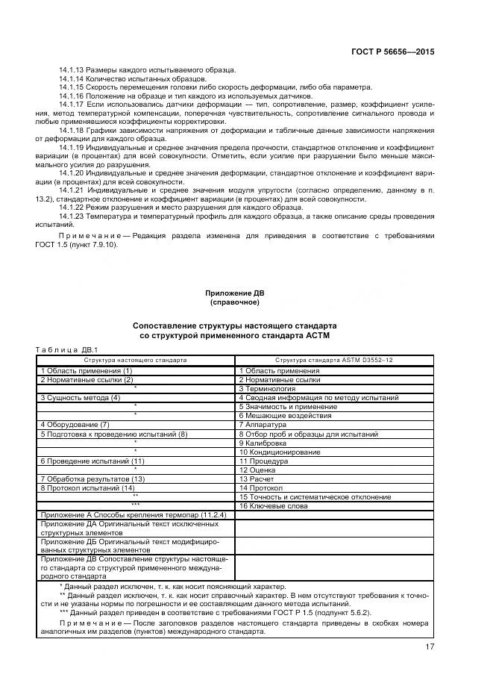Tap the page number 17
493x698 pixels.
point(430,646)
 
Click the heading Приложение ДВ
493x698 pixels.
point(234,293)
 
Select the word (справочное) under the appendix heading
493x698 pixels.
point(234,302)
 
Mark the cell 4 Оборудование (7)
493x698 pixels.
point(75,424)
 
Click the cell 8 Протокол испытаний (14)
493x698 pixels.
point(87,487)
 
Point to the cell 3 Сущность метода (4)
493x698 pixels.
point(80,397)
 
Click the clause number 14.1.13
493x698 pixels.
point(72,70)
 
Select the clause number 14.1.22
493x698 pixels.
point(72,208)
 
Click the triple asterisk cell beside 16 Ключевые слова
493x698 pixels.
point(135,505)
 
